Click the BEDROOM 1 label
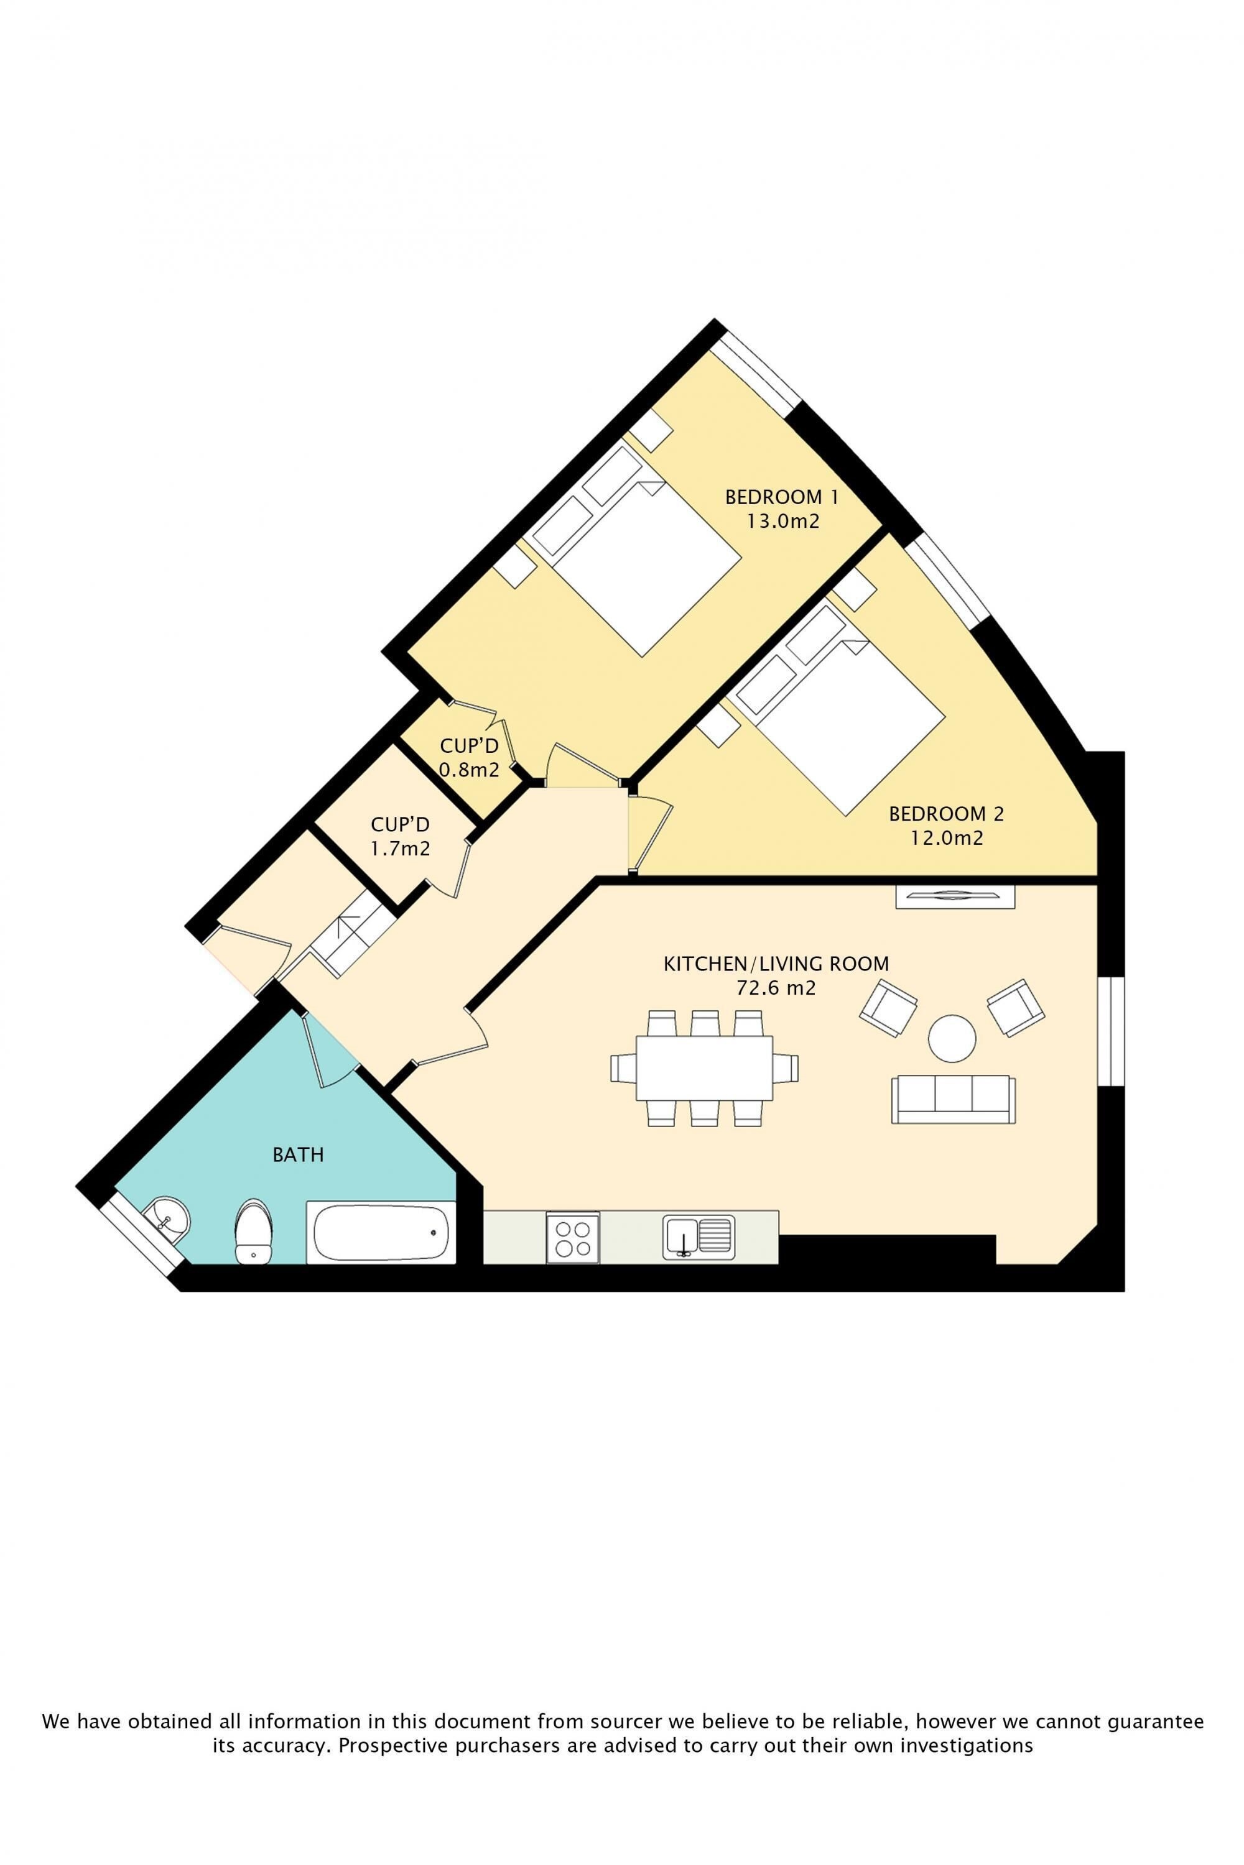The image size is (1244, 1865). [x=781, y=497]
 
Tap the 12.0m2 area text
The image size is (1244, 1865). [x=947, y=838]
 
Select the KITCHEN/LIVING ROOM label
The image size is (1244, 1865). [x=776, y=964]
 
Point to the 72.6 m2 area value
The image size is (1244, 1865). [x=776, y=988]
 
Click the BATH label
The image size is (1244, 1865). [x=299, y=1154]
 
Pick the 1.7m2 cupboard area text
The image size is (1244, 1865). [x=400, y=849]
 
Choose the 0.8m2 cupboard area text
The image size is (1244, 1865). [x=469, y=769]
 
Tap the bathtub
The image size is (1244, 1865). [x=382, y=1232]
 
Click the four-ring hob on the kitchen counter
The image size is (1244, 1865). [x=573, y=1238]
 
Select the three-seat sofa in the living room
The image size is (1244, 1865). [x=954, y=1099]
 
